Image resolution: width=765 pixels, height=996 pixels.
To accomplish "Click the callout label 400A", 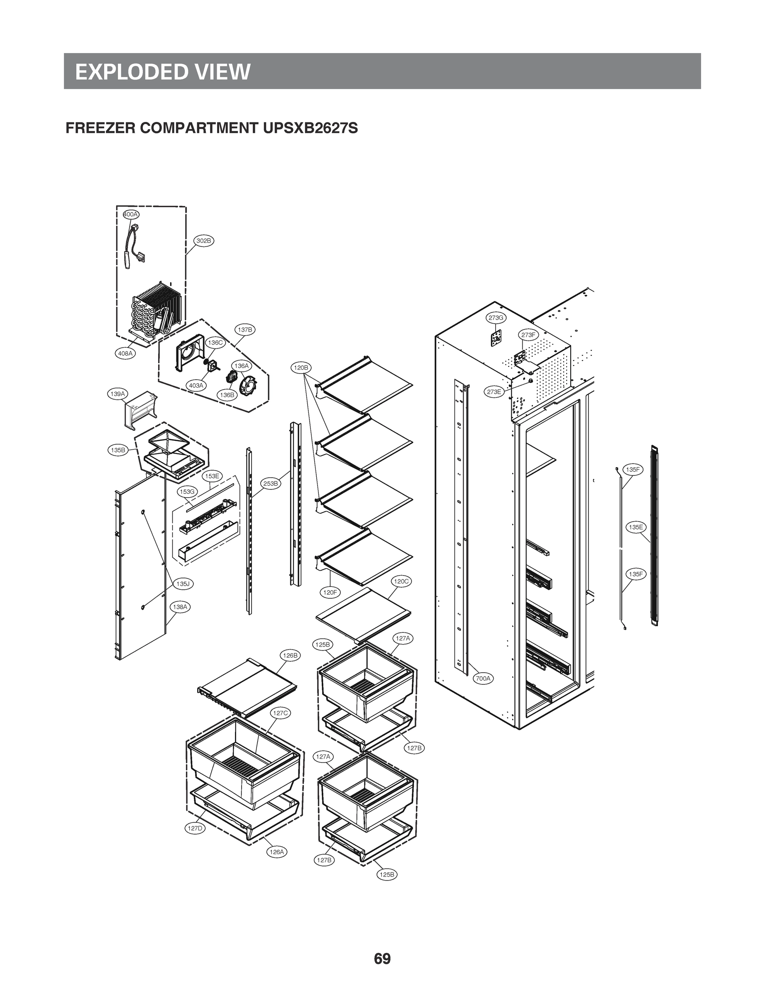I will tap(131, 214).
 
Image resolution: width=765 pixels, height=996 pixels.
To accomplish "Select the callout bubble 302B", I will tap(204, 240).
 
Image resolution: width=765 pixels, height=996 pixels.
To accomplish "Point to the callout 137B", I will tap(245, 330).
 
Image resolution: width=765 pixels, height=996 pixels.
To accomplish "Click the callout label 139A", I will tap(118, 394).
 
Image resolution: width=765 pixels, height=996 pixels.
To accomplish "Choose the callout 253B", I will tap(271, 483).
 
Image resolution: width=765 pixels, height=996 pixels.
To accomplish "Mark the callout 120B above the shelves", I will tap(301, 367).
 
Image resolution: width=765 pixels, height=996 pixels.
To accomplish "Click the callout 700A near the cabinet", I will tap(483, 678).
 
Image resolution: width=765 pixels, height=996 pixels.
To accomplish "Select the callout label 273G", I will tap(496, 318).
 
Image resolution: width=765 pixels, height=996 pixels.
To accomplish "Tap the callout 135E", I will tap(635, 527).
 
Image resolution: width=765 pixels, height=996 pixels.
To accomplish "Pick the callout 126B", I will tap(290, 656).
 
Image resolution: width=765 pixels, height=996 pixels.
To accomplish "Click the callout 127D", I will tap(195, 828).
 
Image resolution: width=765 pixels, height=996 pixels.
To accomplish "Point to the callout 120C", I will tap(401, 581).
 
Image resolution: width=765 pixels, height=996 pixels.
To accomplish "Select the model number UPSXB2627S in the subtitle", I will tap(310, 128).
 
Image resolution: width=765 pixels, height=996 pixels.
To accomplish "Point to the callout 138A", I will tap(180, 607).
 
